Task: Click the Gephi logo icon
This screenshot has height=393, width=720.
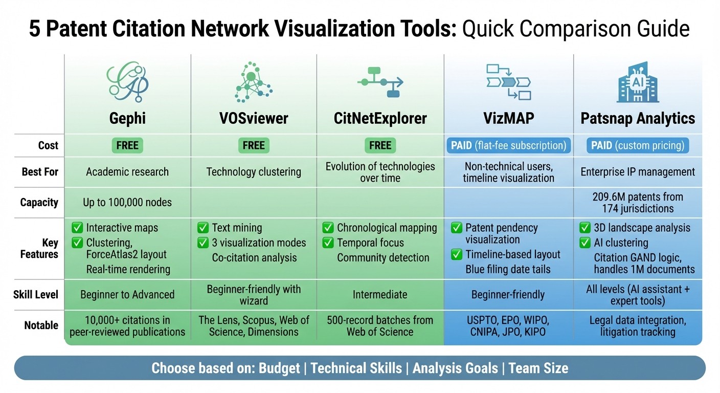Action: tap(127, 82)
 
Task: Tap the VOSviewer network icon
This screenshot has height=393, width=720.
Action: tap(253, 82)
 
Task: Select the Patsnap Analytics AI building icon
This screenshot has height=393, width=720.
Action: tap(638, 82)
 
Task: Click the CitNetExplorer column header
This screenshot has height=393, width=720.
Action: tap(380, 119)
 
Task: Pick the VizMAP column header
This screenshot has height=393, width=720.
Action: tap(508, 119)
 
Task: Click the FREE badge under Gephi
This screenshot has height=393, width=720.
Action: tap(127, 145)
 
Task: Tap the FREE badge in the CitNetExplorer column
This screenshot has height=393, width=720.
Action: tap(380, 145)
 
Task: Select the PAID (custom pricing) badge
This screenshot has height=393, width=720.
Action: tap(638, 145)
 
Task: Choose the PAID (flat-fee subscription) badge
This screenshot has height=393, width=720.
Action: tap(508, 145)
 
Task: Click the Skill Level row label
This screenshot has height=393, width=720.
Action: tap(36, 294)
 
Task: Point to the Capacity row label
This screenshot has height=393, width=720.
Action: tap(39, 202)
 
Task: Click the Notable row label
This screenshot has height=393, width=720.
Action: tap(41, 325)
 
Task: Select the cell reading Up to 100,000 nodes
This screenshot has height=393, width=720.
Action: tap(127, 202)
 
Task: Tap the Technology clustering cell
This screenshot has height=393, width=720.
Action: tap(254, 171)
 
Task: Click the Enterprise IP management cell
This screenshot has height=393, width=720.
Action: tap(638, 171)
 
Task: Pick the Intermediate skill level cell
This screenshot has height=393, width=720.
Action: tap(380, 294)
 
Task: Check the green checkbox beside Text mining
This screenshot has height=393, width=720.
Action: tap(203, 228)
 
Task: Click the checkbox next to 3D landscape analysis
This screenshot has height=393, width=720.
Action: tap(585, 228)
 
